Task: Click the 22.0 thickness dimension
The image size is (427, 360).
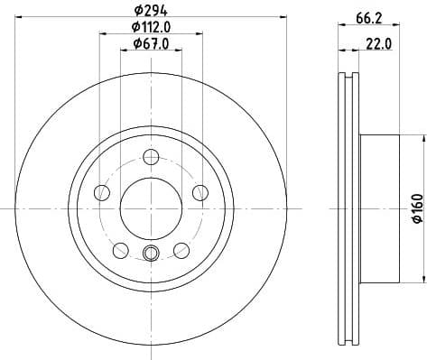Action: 379,43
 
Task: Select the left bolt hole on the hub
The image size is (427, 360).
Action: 102,192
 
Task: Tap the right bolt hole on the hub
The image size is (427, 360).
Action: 200,192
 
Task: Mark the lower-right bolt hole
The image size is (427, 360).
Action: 181,250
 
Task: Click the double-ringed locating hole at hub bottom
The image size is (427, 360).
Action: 151,253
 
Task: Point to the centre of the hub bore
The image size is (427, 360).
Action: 151,207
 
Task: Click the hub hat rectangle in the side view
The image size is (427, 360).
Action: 379,207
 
